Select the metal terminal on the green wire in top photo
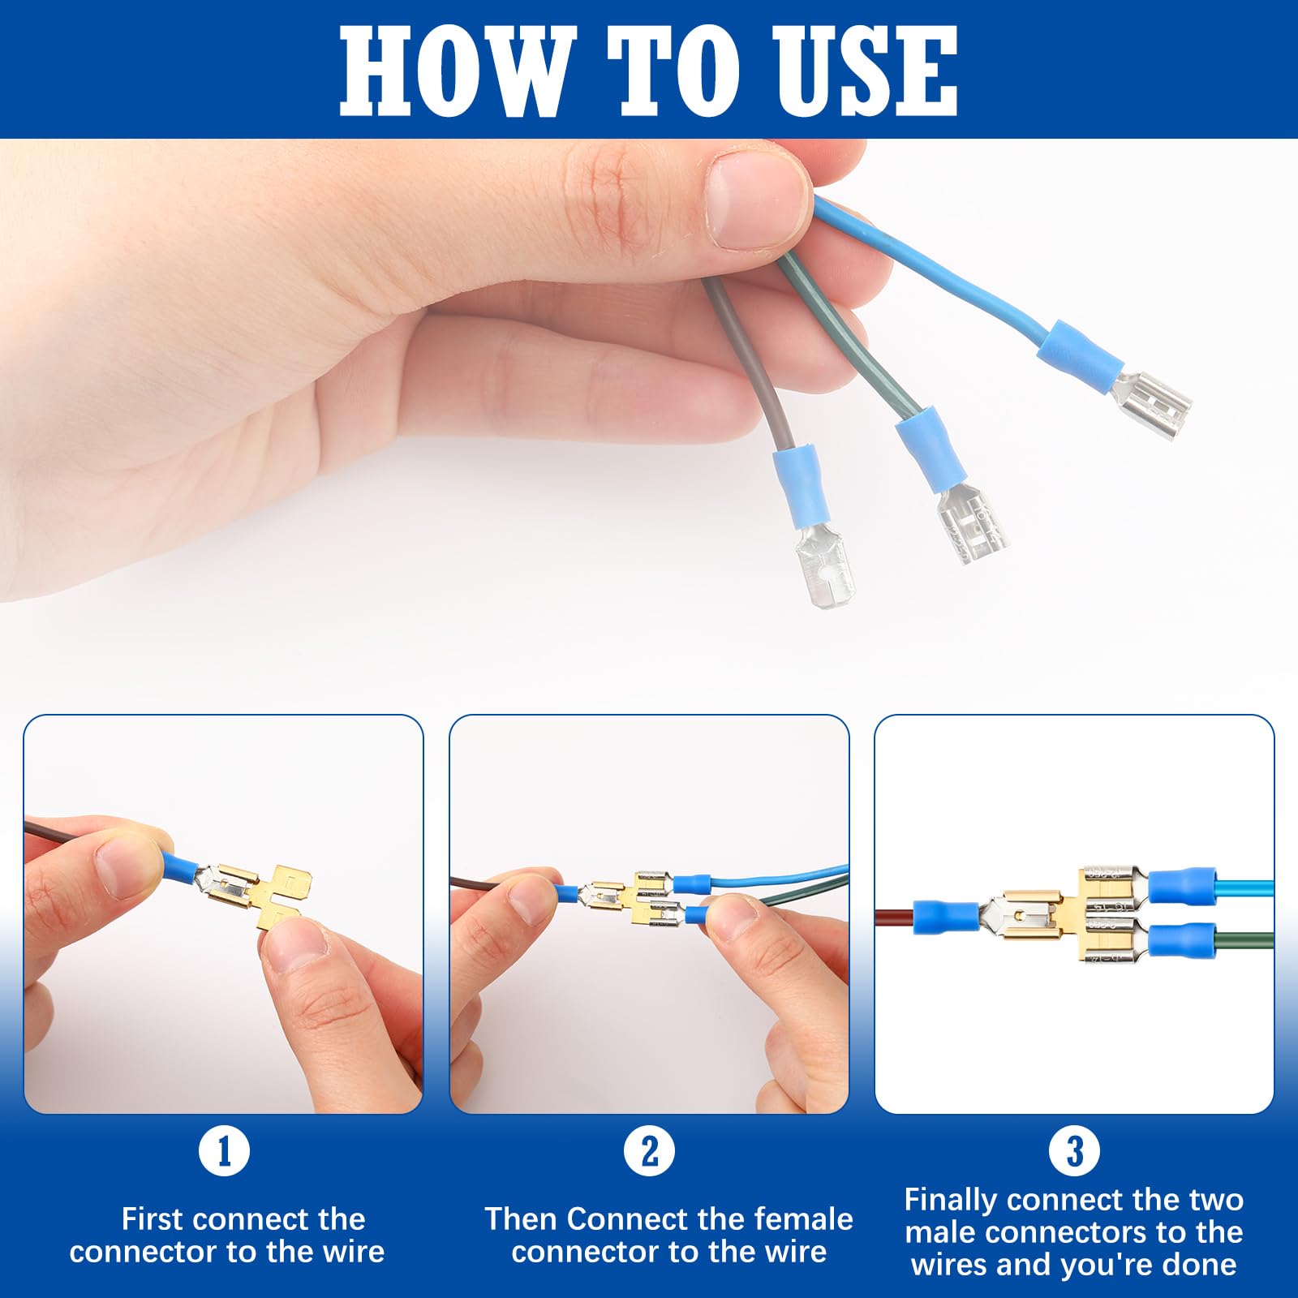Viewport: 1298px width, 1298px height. pyautogui.click(x=972, y=523)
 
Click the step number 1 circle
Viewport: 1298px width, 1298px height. pyautogui.click(x=224, y=1150)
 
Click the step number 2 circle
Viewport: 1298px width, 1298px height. pyautogui.click(x=649, y=1150)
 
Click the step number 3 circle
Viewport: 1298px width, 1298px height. pyautogui.click(x=1074, y=1150)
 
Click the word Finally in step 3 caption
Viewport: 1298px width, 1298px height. pyautogui.click(x=952, y=1200)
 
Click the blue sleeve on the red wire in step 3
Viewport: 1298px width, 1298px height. pyautogui.click(x=945, y=917)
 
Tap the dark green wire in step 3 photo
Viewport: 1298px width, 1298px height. pyautogui.click(x=1245, y=943)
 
